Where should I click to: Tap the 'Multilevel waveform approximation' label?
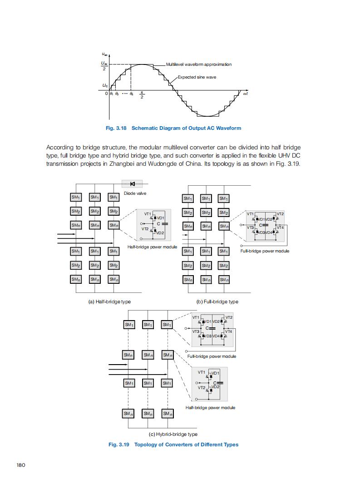point(199,64)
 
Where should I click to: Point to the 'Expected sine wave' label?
point(197,77)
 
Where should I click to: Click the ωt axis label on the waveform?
point(246,94)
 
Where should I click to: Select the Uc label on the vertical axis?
point(105,85)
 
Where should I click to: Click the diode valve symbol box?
point(133,184)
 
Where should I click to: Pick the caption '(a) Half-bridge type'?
point(109,301)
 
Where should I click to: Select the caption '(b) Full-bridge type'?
point(217,301)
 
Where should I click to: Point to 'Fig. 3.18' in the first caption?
point(116,128)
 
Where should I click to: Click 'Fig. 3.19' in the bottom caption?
point(119,445)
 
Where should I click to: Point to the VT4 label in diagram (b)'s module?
point(280,227)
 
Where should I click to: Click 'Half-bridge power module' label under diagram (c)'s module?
point(210,408)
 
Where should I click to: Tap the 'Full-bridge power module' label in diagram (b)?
point(265,251)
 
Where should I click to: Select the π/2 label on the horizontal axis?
point(142,96)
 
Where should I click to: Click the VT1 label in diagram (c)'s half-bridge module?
point(202,372)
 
